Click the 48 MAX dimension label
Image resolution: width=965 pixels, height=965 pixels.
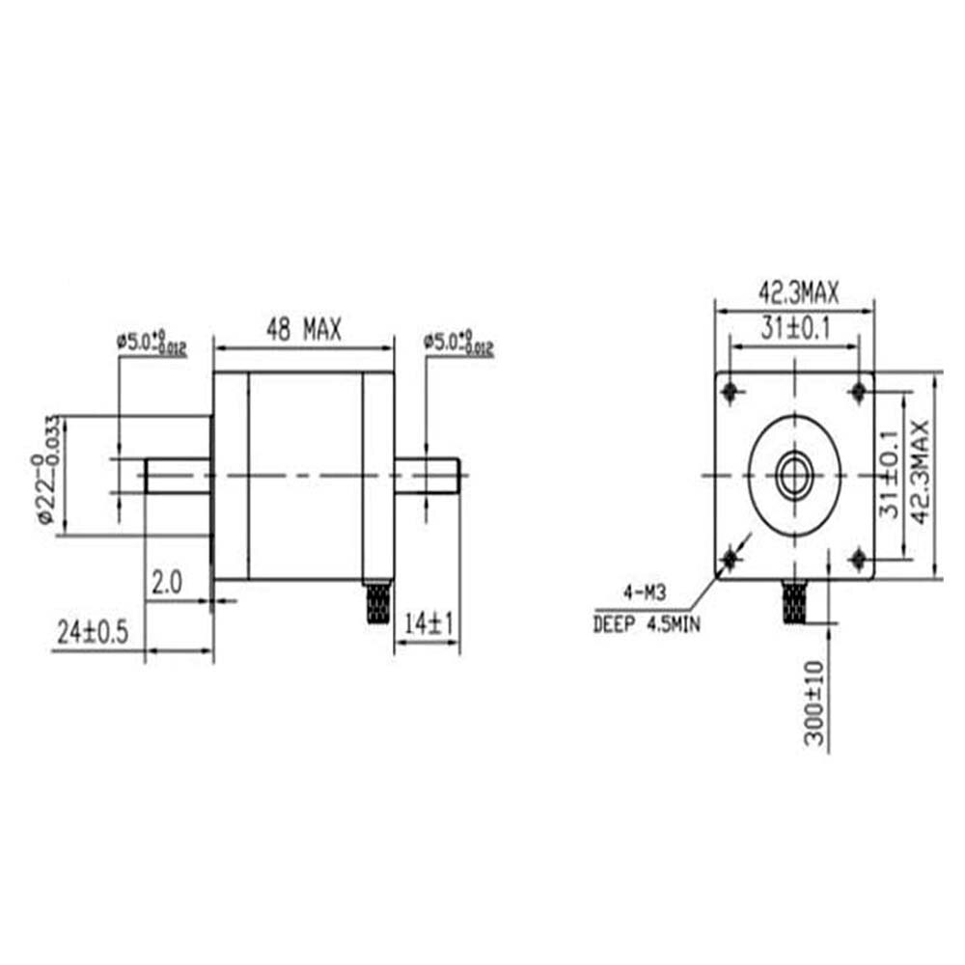tap(304, 331)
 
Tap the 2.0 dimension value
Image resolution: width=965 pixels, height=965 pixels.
tap(166, 582)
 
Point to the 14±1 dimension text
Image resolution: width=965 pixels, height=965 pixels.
tap(427, 624)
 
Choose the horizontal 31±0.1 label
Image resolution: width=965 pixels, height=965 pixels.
tap(794, 328)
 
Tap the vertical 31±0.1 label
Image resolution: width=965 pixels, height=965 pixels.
tap(891, 475)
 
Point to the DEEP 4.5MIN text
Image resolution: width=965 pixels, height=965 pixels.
tap(648, 625)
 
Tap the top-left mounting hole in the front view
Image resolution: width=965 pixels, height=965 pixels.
tap(729, 391)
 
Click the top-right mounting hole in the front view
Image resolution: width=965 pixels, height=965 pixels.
tap(859, 391)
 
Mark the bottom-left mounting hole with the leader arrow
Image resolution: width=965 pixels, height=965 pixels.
tap(729, 559)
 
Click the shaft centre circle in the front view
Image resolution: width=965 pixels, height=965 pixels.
tap(794, 475)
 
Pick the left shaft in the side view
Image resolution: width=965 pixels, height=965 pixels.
tap(179, 475)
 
